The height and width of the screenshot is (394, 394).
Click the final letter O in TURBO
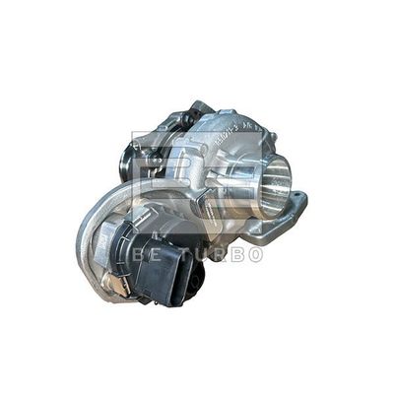256,255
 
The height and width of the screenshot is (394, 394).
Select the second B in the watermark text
237,255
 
